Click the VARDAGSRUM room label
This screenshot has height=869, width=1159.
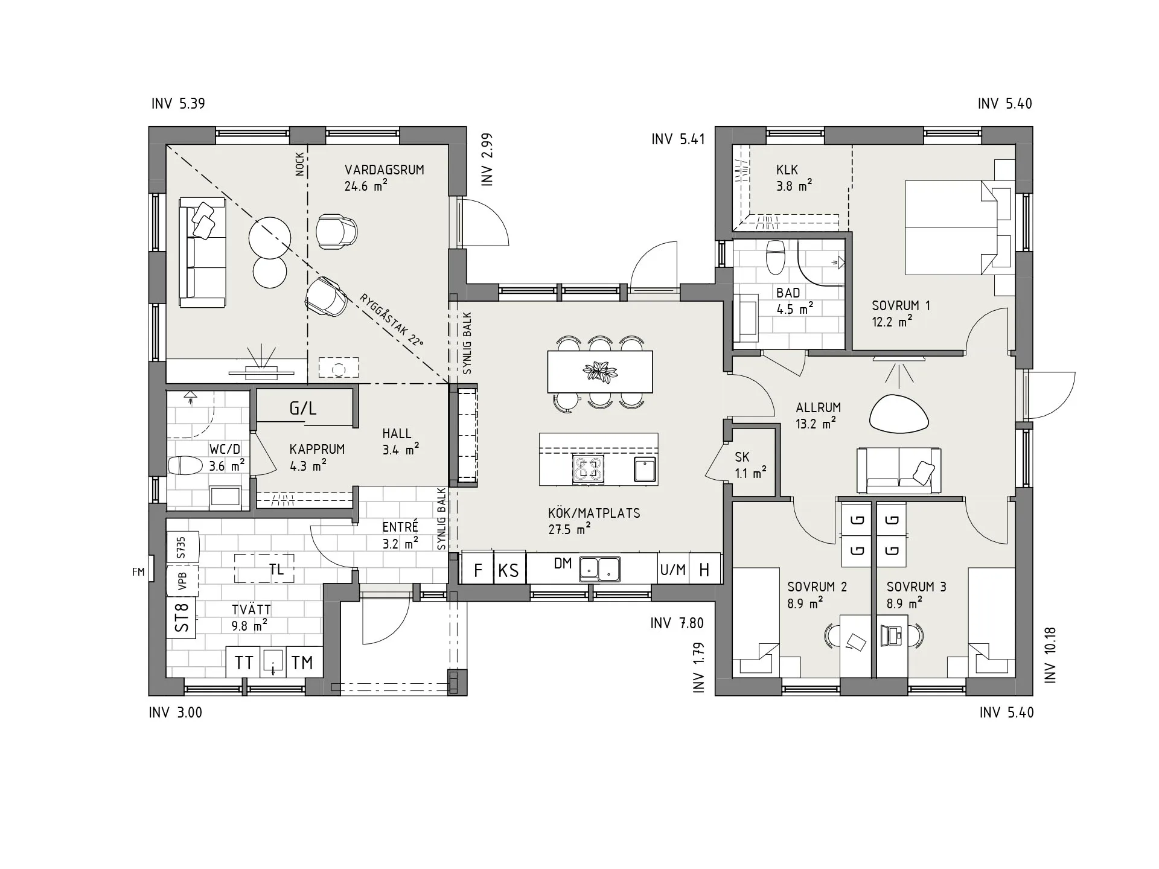point(385,170)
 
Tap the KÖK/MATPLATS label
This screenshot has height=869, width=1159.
point(594,513)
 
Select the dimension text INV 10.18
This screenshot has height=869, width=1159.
point(1050,655)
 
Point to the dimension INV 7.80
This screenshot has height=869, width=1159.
point(677,623)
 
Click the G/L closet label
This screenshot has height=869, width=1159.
point(303,409)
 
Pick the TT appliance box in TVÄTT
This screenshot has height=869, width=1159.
point(244,663)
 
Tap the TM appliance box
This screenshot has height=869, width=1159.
point(302,663)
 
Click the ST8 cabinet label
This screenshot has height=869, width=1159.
point(182,617)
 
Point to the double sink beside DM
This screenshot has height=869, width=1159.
point(599,569)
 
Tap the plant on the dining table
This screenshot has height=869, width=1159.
point(599,372)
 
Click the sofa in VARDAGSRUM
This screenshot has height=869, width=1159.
point(202,253)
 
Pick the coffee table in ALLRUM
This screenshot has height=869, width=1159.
point(899,413)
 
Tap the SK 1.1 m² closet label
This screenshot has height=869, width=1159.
point(750,465)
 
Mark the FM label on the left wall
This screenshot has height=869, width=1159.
point(139,571)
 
